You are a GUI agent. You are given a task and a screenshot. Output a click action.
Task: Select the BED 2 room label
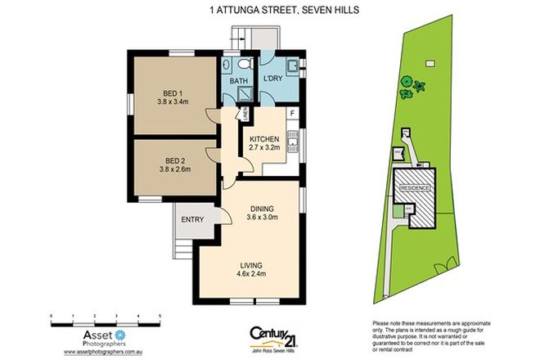173,160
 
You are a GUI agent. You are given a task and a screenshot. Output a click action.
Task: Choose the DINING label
263,209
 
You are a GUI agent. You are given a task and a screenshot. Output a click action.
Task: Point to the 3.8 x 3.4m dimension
173,102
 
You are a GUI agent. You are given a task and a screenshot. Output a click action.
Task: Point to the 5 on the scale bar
160,314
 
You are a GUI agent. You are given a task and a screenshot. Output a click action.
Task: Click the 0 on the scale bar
51,314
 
